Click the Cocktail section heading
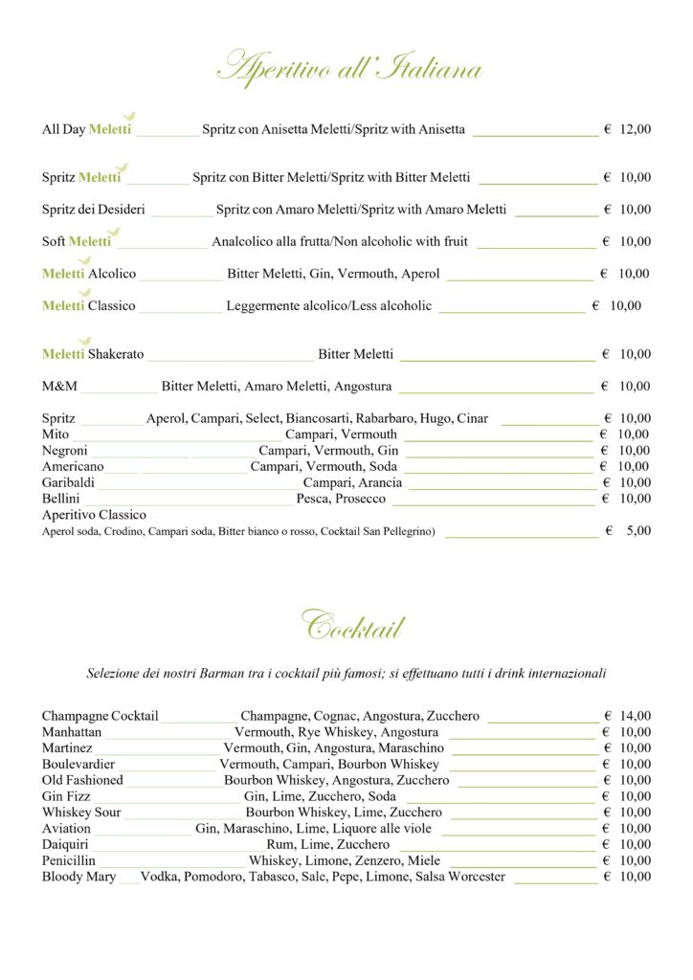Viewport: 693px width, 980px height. [353, 628]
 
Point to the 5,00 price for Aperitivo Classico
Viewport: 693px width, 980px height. [638, 530]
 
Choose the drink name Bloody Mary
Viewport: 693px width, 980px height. [78, 877]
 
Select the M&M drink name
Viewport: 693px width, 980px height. [59, 387]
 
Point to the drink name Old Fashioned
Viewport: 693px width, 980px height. [82, 780]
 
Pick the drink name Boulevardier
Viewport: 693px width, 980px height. [78, 765]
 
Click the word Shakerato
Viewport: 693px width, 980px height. [116, 354]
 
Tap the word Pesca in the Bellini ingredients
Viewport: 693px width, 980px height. [313, 500]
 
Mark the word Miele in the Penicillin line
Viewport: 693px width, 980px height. [423, 861]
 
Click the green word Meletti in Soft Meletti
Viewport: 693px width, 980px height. [90, 241]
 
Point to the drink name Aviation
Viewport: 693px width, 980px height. [66, 829]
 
